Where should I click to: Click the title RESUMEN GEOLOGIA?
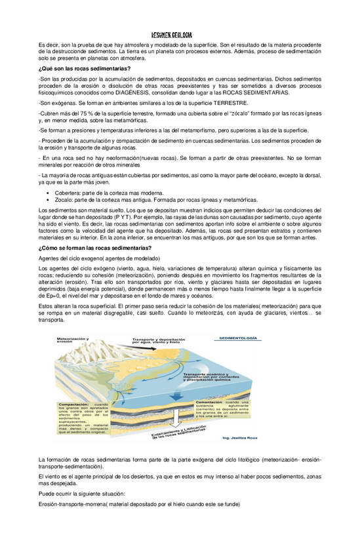point(172,35)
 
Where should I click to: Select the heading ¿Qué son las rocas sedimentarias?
point(85,69)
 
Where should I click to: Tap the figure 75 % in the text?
point(90,114)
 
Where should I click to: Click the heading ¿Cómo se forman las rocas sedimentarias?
point(95,247)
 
